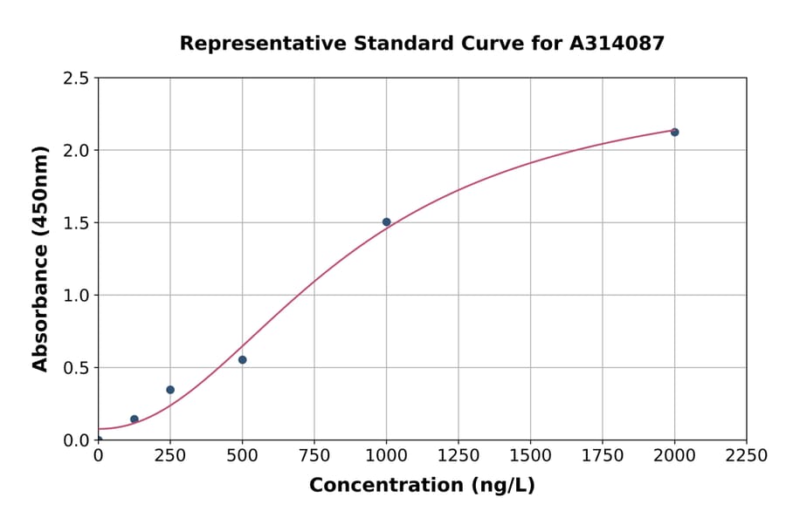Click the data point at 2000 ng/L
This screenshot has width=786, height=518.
pyautogui.click(x=674, y=133)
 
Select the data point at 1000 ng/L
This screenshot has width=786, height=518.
pyautogui.click(x=386, y=222)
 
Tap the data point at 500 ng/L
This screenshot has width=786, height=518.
pyautogui.click(x=242, y=360)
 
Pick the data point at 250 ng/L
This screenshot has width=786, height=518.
pyautogui.click(x=170, y=390)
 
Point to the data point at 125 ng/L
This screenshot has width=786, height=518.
pyautogui.click(x=134, y=419)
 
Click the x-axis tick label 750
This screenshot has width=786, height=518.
pyautogui.click(x=314, y=456)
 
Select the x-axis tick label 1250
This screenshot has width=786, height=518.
pyautogui.click(x=458, y=456)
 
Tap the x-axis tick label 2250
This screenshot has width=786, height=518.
pyautogui.click(x=747, y=456)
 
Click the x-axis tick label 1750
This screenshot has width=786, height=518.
pyautogui.click(x=603, y=456)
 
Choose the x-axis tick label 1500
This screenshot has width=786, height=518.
pyautogui.click(x=530, y=456)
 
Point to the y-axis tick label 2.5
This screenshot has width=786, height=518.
pyautogui.click(x=76, y=78)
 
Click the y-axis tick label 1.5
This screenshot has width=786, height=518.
pyautogui.click(x=76, y=223)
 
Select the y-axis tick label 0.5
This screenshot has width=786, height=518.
pyautogui.click(x=76, y=368)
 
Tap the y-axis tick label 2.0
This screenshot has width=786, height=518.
pyautogui.click(x=76, y=151)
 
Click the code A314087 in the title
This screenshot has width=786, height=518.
pyautogui.click(x=617, y=43)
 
